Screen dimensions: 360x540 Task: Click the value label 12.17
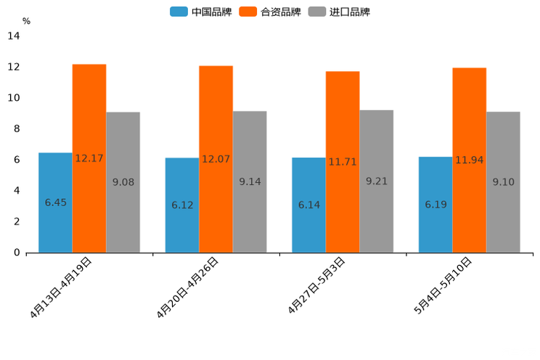(x=89, y=158)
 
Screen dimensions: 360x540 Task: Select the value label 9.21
(x=377, y=181)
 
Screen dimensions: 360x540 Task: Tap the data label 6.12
(x=182, y=205)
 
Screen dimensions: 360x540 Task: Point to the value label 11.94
(x=470, y=160)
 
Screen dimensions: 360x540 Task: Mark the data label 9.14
(x=250, y=182)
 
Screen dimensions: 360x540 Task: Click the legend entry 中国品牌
(x=201, y=12)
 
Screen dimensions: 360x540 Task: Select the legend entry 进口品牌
(x=340, y=12)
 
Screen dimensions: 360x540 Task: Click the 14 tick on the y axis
(x=14, y=36)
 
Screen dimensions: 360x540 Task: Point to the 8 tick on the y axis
(x=16, y=128)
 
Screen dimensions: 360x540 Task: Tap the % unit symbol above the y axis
(x=26, y=21)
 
